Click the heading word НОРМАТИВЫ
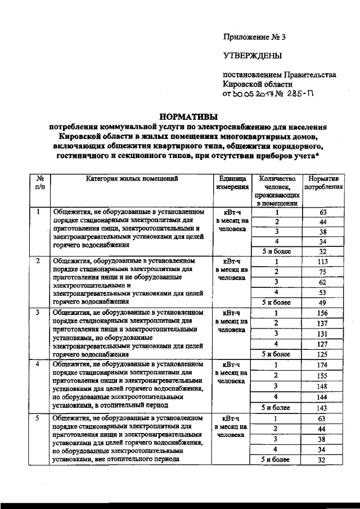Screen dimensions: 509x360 point(188,117)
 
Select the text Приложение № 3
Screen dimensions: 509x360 point(254,38)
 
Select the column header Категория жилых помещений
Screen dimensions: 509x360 point(132,179)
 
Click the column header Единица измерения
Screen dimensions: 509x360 point(232,183)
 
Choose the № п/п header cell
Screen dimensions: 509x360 point(39,183)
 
